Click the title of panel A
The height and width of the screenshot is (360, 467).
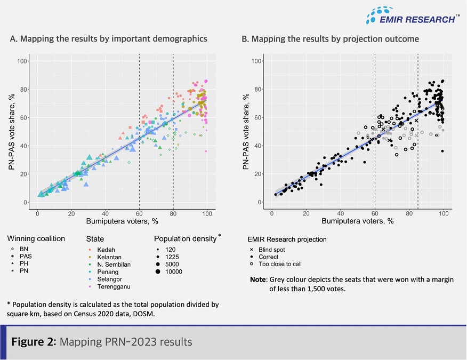click(108, 38)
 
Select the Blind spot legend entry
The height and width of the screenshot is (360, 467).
click(272, 249)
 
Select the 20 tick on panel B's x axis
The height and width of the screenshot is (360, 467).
click(306, 213)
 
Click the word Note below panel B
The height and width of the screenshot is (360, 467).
click(260, 279)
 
